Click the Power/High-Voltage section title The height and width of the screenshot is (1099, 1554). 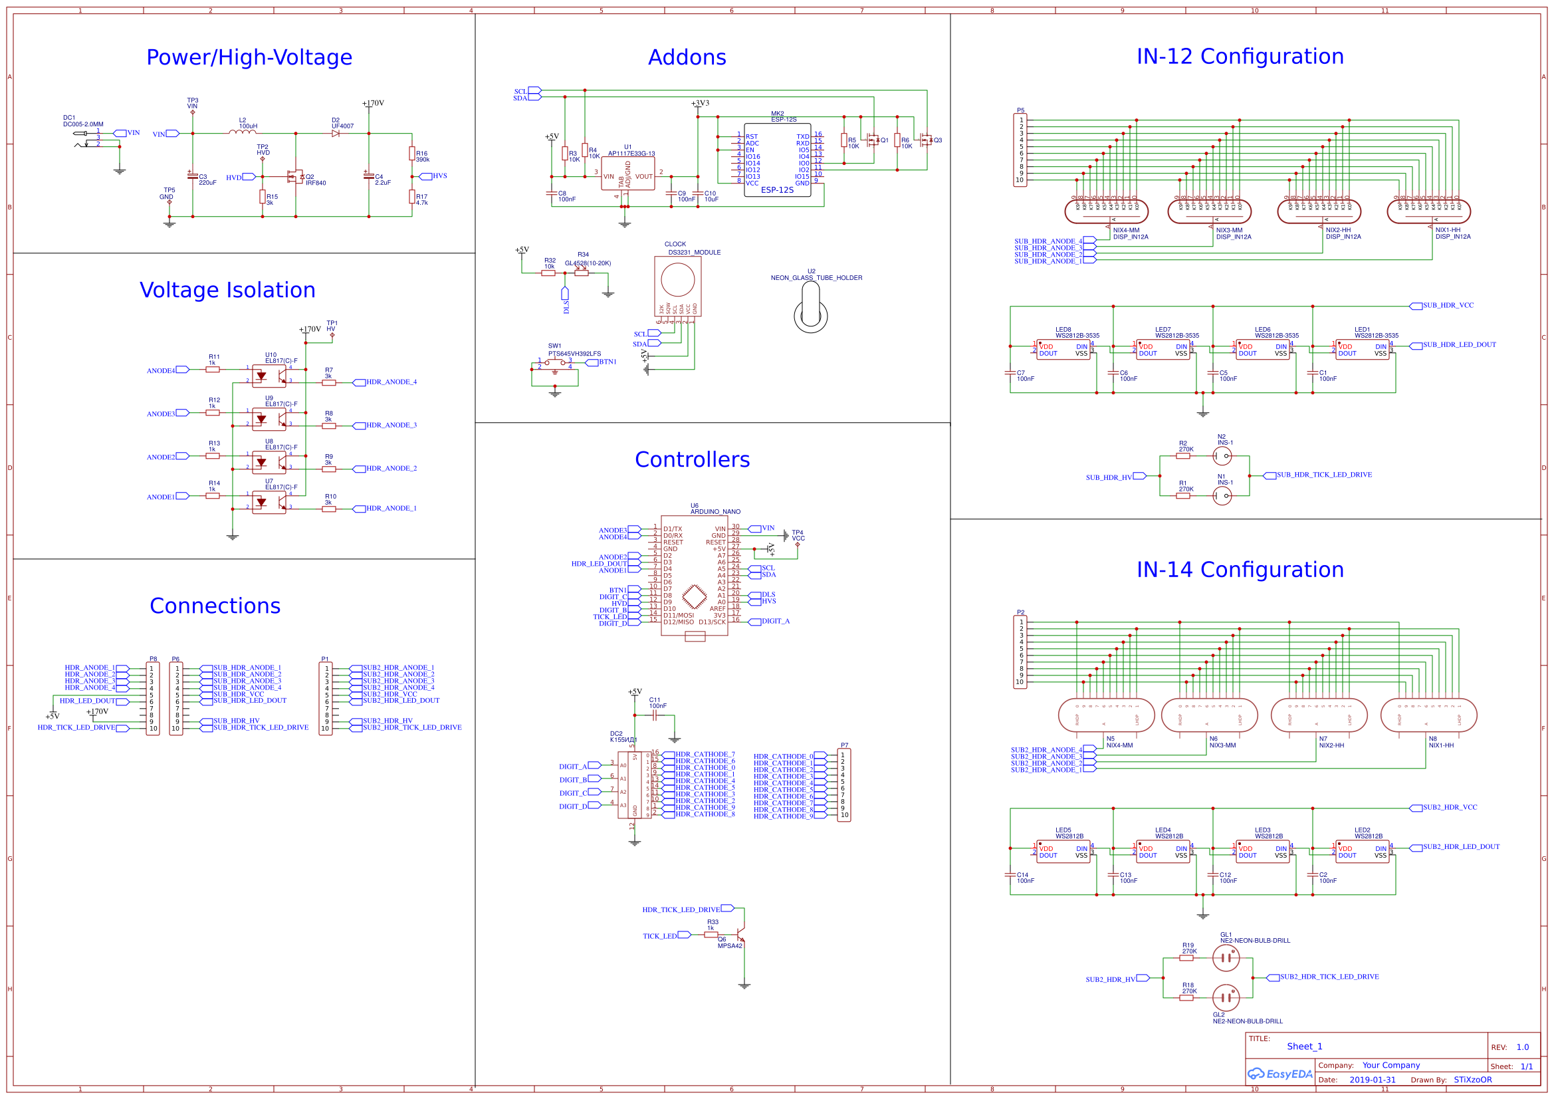249,58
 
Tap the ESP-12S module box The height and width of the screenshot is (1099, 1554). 777,160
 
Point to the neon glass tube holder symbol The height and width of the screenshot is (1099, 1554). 810,307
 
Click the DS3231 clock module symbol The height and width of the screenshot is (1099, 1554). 677,285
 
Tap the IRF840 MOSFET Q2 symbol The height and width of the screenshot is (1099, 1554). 295,177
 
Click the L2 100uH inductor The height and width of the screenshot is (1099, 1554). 243,132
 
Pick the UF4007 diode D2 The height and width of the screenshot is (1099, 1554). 336,134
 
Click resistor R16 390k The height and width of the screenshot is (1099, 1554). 411,154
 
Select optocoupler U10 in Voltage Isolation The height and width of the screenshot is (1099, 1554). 269,375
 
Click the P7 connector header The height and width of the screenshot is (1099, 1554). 843,785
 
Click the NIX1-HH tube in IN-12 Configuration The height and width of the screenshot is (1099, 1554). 1428,211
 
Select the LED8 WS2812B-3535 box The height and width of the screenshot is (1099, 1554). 1063,350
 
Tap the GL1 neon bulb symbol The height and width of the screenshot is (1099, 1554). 1226,958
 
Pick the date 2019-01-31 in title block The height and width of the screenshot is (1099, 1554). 1372,1080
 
